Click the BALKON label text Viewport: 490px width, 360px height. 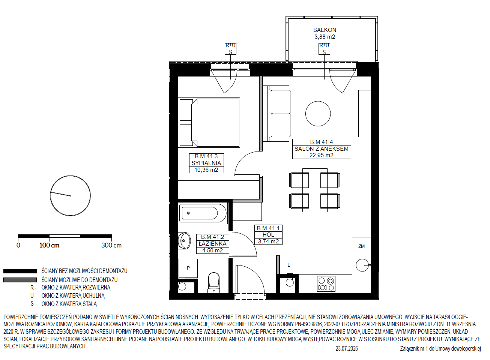click(325, 30)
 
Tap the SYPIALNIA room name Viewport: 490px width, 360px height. click(206, 163)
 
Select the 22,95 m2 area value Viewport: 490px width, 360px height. click(321, 155)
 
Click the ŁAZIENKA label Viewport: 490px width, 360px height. click(212, 244)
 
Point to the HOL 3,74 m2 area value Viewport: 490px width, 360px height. click(268, 241)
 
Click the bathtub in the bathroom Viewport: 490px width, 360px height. click(203, 213)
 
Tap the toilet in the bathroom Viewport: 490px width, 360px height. click(214, 282)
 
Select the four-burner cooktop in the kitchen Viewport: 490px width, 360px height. click(326, 284)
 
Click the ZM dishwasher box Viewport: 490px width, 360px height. click(361, 246)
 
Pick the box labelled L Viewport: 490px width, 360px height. click(289, 265)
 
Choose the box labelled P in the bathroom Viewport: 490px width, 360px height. click(188, 268)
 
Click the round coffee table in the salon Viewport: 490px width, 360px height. click(318, 114)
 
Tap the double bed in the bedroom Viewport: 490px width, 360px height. click(210, 123)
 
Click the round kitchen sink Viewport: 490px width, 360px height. click(362, 265)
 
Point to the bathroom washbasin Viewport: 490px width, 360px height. click(184, 241)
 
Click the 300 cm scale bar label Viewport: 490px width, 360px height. click(111, 245)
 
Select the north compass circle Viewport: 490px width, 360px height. click(70, 196)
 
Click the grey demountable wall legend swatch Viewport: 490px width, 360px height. click(20, 280)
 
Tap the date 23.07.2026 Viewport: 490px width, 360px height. click(347, 348)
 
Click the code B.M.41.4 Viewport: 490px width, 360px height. click(321, 142)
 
